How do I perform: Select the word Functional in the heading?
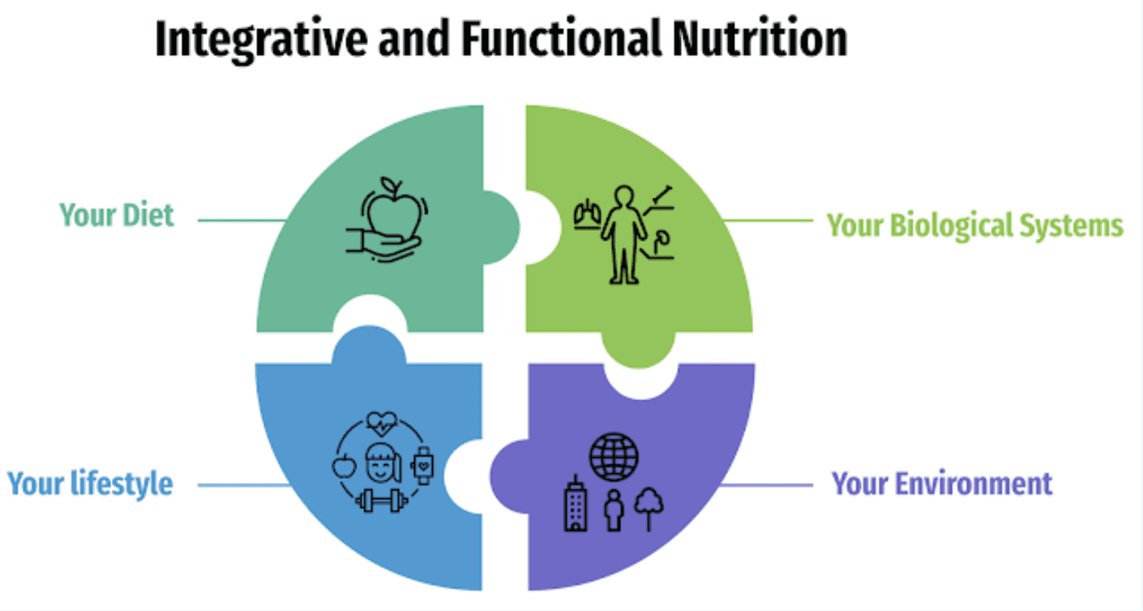[551, 39]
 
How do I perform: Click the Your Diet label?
[117, 216]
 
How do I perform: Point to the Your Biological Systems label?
[974, 224]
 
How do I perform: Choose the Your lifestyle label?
[90, 484]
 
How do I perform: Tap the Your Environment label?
[942, 484]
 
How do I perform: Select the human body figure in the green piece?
[623, 235]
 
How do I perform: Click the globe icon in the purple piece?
[614, 456]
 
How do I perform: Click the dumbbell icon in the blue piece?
[382, 499]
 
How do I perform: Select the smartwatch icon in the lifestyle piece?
[423, 464]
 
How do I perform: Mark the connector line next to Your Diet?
[241, 220]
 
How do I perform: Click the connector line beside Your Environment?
[766, 485]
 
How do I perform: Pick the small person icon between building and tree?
[614, 509]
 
